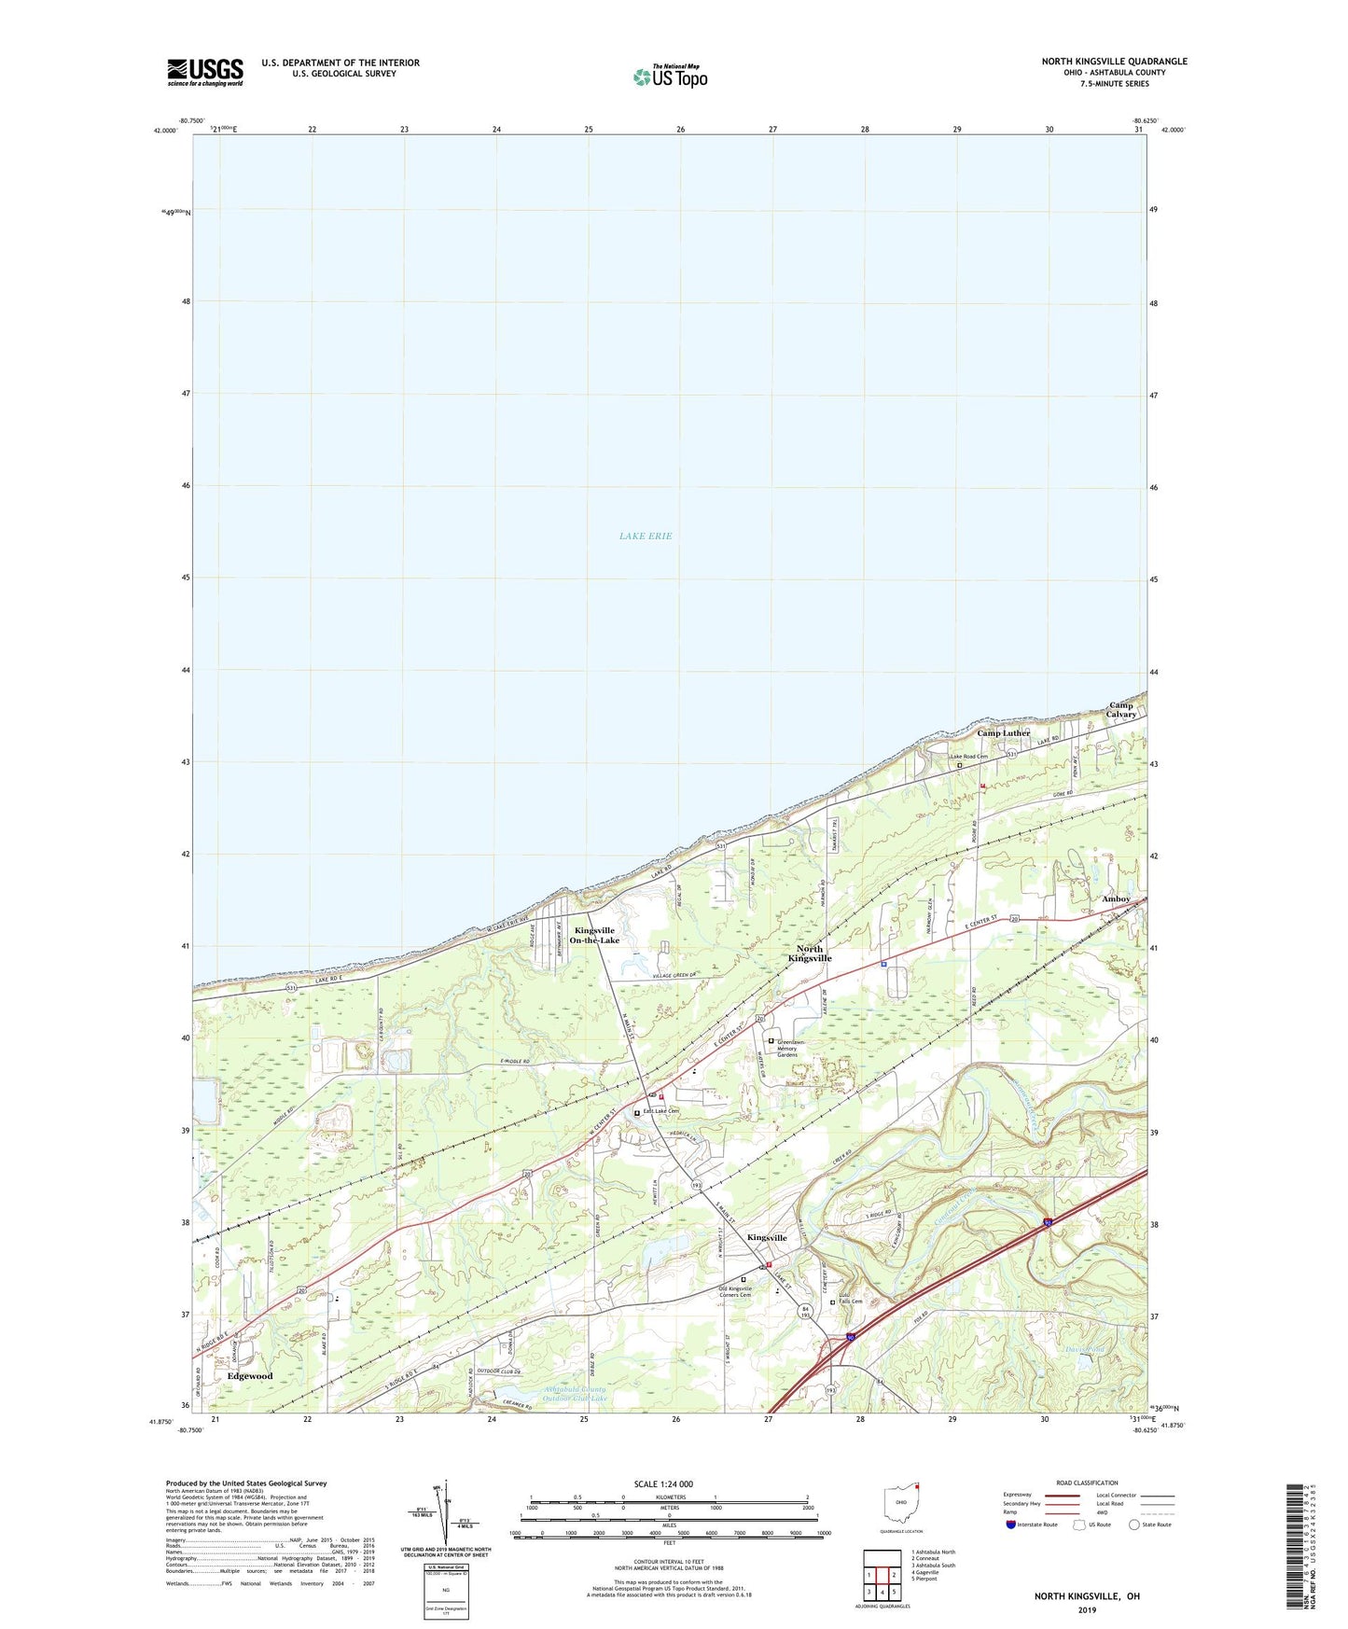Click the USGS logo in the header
pyautogui.click(x=205, y=71)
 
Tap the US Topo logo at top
pyautogui.click(x=669, y=76)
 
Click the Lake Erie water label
pyautogui.click(x=646, y=536)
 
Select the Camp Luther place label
pyautogui.click(x=1003, y=733)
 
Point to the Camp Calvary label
pyautogui.click(x=1121, y=710)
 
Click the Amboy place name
pyautogui.click(x=1116, y=899)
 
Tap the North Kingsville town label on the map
pyautogui.click(x=809, y=954)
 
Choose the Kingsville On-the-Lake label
pyautogui.click(x=596, y=935)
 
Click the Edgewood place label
pyautogui.click(x=250, y=1376)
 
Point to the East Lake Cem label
pyautogui.click(x=660, y=1112)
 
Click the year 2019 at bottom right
pyautogui.click(x=1087, y=1609)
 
